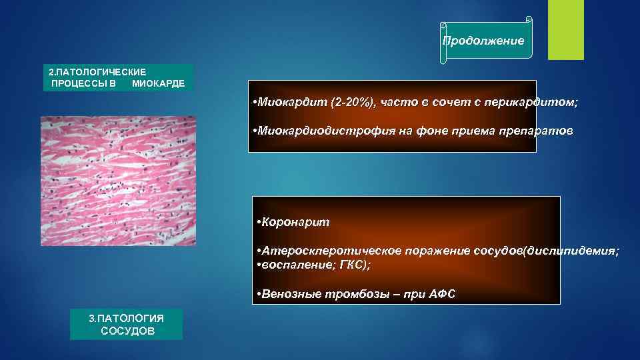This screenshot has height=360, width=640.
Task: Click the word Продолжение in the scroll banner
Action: coord(484,41)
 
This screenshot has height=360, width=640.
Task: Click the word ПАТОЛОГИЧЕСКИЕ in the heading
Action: coord(101,71)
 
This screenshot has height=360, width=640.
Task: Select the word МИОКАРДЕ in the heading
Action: coord(159,84)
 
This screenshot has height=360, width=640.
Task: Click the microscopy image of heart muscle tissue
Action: coord(119,181)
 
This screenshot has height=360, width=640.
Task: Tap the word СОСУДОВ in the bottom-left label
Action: coord(127,331)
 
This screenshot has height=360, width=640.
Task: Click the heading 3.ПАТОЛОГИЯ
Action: coord(126,318)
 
